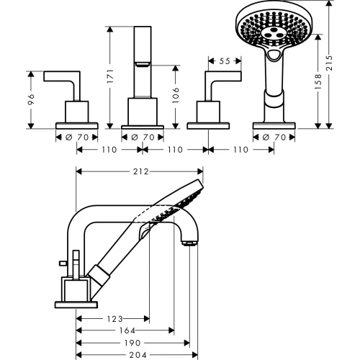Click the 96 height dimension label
tap(31, 99)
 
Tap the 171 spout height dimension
tap(110, 76)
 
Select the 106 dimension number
tap(176, 95)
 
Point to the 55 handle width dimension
tap(225, 61)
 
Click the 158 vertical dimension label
tap(318, 81)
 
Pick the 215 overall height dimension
tap(329, 63)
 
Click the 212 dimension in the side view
tap(140, 171)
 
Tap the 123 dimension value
tap(114, 319)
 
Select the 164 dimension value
tap(127, 330)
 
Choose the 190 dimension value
tap(132, 343)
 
